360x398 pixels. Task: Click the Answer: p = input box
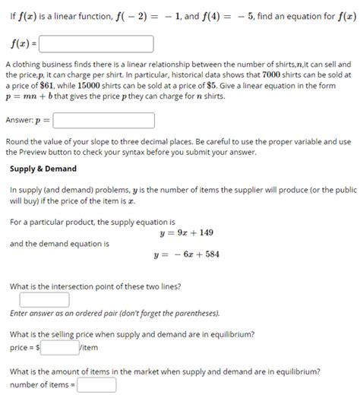(104, 121)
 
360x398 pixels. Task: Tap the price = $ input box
(60, 347)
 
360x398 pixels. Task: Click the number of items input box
(96, 385)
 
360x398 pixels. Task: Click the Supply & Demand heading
(43, 168)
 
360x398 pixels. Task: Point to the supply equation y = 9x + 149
(187, 232)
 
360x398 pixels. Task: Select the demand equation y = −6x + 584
(187, 254)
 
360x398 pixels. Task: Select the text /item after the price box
(89, 347)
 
